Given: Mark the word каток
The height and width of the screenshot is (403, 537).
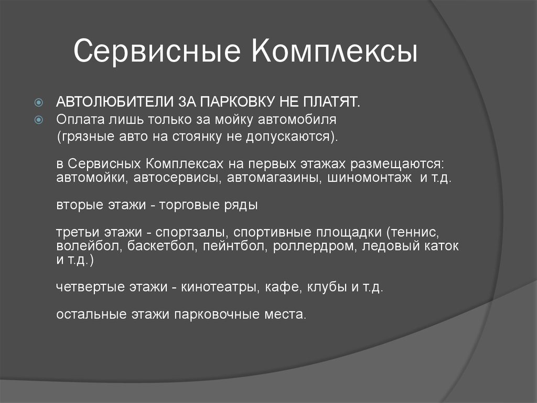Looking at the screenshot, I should coord(442,246).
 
